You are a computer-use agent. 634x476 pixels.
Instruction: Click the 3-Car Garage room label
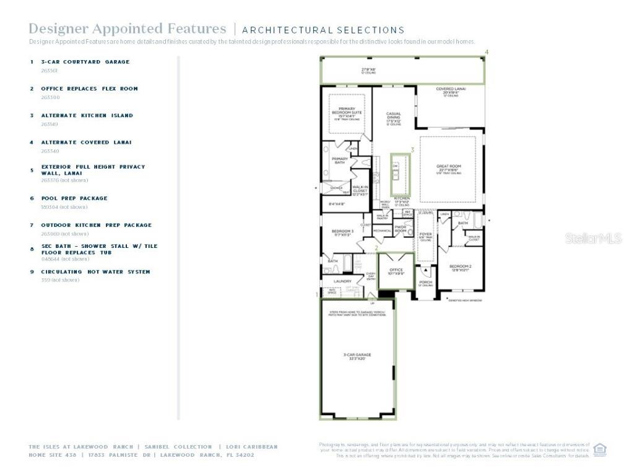357,356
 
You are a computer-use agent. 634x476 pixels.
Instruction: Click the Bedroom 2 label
460,268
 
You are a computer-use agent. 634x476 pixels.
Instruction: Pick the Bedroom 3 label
342,232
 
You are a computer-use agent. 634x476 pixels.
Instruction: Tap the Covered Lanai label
450,90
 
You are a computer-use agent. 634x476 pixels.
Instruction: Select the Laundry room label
342,281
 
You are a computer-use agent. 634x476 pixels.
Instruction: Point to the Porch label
425,283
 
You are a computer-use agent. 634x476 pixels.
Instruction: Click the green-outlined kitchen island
396,174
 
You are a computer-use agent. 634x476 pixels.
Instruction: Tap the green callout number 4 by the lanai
487,52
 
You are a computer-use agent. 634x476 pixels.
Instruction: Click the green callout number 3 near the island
412,150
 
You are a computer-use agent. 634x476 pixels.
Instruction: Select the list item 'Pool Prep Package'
74,198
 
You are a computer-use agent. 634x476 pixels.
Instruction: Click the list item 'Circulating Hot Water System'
95,272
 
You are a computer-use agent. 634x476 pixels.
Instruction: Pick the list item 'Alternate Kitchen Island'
87,115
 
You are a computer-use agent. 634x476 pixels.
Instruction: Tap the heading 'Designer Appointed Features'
128,29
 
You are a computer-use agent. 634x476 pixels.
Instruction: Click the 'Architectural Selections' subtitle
323,30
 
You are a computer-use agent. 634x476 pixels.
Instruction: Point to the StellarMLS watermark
593,238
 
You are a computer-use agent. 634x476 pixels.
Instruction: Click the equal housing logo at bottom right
599,449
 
